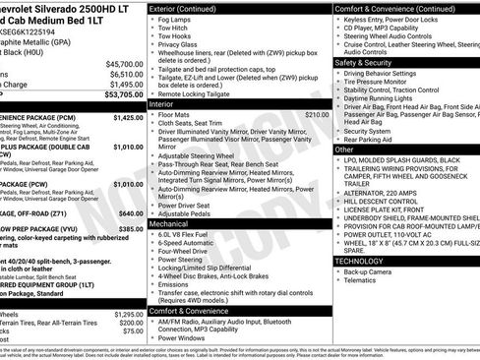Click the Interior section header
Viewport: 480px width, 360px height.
click(161, 103)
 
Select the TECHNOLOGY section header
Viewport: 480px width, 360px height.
click(367, 261)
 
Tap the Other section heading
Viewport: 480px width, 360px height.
click(345, 150)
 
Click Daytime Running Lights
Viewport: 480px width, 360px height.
click(387, 98)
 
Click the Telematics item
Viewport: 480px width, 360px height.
click(366, 280)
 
